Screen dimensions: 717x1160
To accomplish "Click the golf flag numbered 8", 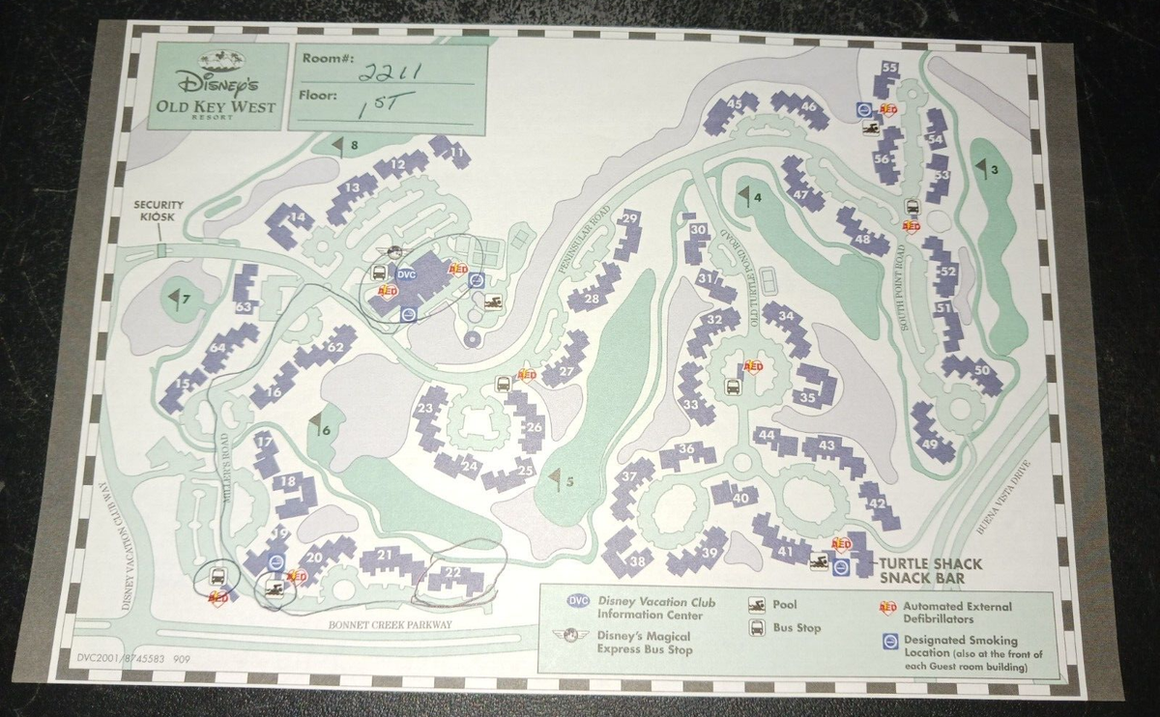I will pos(340,145).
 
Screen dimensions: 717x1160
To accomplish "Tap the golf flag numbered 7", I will pos(176,298).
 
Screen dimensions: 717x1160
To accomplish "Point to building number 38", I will pos(637,561).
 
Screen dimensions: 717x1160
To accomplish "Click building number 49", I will pos(930,445).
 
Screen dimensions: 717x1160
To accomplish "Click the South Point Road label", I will pos(906,286).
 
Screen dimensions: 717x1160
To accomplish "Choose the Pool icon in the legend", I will pos(756,605).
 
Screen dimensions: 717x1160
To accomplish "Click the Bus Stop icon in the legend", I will pos(756,628).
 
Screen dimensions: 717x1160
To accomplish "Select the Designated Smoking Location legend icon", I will pos(888,641).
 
